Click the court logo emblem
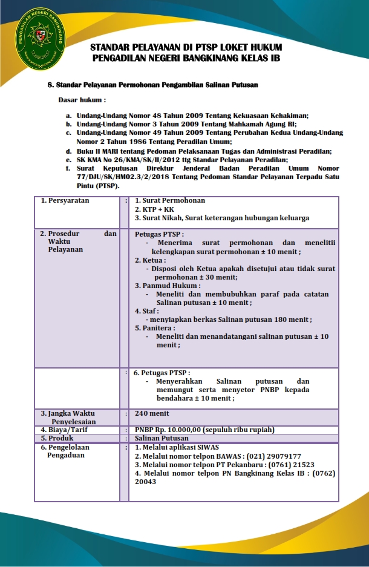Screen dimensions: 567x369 42,38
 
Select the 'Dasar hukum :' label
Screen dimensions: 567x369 82,99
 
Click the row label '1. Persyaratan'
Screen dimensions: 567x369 65,200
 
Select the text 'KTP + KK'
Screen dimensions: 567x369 154,209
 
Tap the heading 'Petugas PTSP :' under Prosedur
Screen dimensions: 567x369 160,234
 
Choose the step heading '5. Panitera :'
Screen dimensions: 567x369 155,327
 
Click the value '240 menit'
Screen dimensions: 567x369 152,413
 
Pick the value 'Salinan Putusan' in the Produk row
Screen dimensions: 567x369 162,438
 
